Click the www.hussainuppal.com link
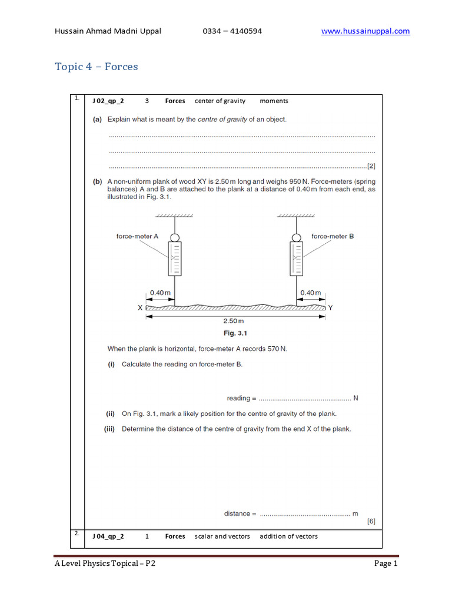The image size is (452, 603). click(x=365, y=31)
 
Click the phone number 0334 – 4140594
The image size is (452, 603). click(x=231, y=31)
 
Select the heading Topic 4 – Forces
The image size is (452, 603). click(x=97, y=67)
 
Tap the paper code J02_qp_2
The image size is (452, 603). click(x=108, y=101)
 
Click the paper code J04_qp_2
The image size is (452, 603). click(x=108, y=536)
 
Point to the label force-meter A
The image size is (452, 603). click(x=137, y=236)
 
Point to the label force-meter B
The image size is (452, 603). click(x=333, y=236)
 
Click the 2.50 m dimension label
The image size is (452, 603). click(x=233, y=321)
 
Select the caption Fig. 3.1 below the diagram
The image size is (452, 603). click(x=234, y=333)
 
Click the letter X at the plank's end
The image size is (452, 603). click(x=140, y=307)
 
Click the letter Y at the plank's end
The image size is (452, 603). click(x=330, y=307)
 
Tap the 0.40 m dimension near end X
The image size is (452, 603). click(x=160, y=293)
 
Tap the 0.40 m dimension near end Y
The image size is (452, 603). click(x=311, y=293)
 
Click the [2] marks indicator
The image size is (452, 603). click(x=370, y=166)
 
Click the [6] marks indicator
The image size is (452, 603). click(x=370, y=521)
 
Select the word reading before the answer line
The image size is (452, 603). click(x=238, y=398)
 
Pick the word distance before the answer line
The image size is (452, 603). click(x=237, y=513)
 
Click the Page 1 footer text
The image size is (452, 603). click(x=386, y=564)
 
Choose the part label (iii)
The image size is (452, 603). click(x=109, y=429)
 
